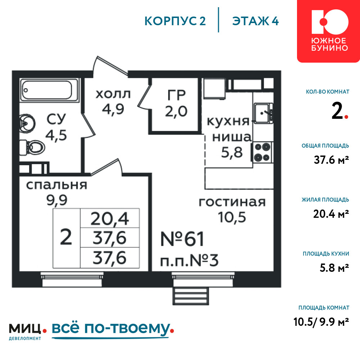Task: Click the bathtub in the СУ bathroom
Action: coord(49,90)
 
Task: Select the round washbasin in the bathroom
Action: coord(27,123)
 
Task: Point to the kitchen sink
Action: coord(264,113)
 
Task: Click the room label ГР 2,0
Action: coord(176,103)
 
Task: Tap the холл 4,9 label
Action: coord(113,102)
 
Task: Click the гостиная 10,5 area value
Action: coord(232,217)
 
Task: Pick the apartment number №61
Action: coord(182,239)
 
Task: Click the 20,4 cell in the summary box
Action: coord(110,219)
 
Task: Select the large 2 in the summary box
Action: coord(66,237)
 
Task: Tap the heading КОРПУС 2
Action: coord(175,21)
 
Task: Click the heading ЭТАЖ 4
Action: coord(256,21)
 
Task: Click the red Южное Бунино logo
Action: coord(329,31)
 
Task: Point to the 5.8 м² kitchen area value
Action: coord(334,268)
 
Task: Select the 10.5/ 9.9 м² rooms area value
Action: coord(321,322)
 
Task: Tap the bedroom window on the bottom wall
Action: coord(72,279)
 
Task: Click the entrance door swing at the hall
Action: coord(111,66)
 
